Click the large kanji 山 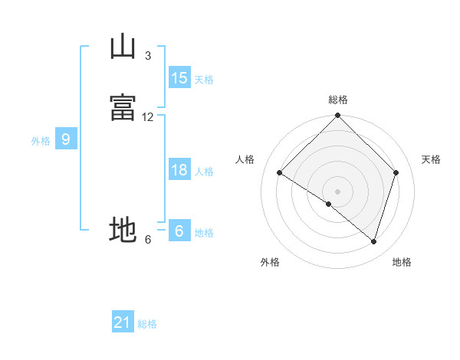point(123,46)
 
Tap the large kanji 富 point(123,107)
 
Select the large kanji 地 point(123,230)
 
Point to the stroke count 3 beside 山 point(148,56)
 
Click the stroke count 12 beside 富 point(147,117)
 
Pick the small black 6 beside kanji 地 point(148,240)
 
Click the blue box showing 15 point(180,77)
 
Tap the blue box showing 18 point(180,169)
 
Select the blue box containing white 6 point(180,230)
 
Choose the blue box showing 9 point(66,138)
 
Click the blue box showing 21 point(123,321)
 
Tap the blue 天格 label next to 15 point(204,80)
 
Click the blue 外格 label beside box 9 point(41,141)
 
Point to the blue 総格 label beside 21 point(147,324)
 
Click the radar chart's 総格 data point point(337,115)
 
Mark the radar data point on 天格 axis point(396,172)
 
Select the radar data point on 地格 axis point(373,241)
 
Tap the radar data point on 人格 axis point(280,172)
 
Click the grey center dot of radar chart point(337,191)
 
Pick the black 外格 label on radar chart point(270,262)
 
